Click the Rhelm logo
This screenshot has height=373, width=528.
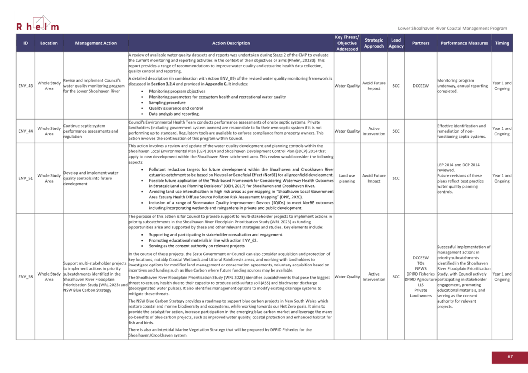pos(38,25)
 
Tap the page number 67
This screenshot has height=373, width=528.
pos(510,357)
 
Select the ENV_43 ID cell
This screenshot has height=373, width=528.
pos(25,86)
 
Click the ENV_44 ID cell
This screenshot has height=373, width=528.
pos(25,131)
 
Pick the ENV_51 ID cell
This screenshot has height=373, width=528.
pos(25,178)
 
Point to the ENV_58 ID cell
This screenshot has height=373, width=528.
pos(25,277)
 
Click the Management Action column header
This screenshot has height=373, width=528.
pos(96,43)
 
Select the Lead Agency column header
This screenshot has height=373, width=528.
pos(396,43)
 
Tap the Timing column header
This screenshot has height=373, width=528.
pos(502,43)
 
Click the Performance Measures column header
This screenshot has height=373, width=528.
pos(464,43)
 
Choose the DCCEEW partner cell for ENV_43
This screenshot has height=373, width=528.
pos(421,86)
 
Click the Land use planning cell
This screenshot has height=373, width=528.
pos(347,178)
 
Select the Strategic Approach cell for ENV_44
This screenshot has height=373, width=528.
pos(374,131)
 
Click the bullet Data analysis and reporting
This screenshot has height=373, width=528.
pos(174,114)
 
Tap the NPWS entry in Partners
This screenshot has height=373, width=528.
pos(421,268)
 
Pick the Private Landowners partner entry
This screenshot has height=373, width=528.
pos(421,293)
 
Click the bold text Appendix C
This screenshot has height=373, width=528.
pos(216,84)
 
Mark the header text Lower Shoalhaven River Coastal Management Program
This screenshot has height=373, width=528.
pos(452,29)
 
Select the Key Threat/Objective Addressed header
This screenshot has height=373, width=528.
pos(347,43)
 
